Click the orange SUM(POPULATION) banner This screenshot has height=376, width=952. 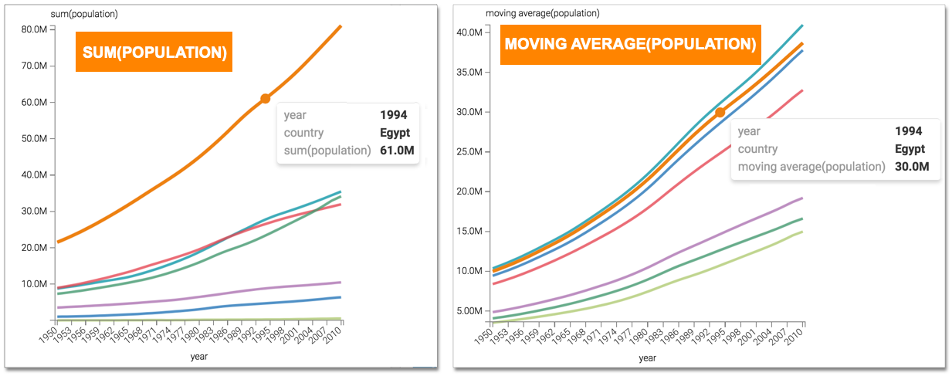point(154,52)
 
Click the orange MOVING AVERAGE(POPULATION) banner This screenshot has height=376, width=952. point(630,44)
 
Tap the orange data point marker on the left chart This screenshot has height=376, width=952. point(265,98)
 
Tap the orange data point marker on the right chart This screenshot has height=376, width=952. point(720,112)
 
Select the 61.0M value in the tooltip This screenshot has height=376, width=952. point(397,150)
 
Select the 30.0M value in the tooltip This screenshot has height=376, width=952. point(911,166)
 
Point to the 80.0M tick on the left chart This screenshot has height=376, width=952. point(37,29)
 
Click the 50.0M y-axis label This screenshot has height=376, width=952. point(37,139)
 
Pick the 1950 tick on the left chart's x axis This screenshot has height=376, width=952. point(48,334)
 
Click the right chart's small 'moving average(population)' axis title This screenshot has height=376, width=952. point(542,13)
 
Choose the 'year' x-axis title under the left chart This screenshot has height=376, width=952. point(199,357)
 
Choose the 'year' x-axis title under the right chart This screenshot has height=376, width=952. point(647,357)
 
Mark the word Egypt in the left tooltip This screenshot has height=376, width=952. point(394,133)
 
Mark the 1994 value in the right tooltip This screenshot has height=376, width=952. point(910,131)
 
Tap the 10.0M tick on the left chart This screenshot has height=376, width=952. point(37,284)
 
